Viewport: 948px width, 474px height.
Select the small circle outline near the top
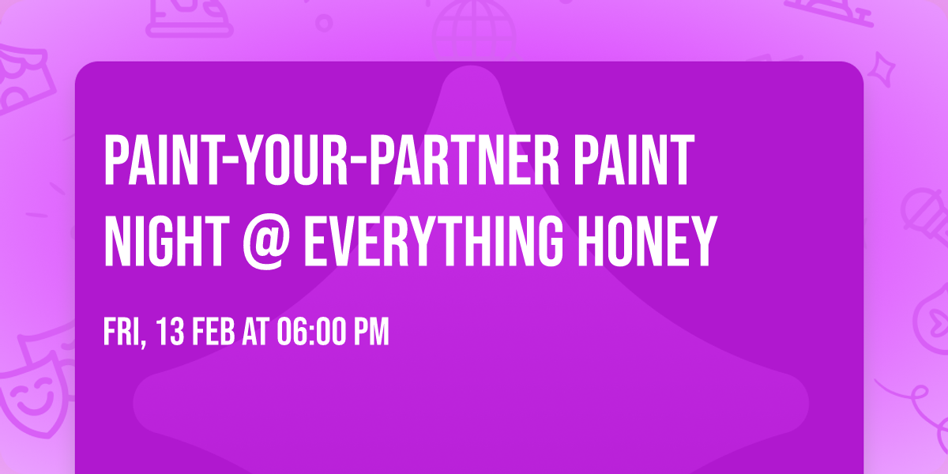point(324,22)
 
